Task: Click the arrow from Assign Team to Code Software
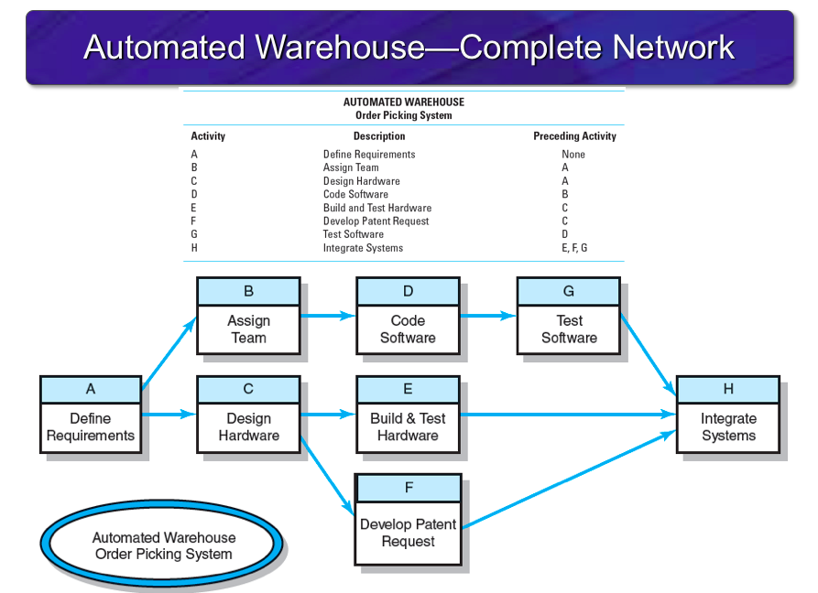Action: (328, 316)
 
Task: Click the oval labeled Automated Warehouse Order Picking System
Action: (164, 545)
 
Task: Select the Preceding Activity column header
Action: (574, 136)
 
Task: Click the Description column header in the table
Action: (379, 136)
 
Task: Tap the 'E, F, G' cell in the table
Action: (574, 248)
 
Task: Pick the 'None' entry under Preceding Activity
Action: (573, 155)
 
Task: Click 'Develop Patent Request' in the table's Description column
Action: (376, 221)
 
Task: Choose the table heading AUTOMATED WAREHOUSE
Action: (404, 102)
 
